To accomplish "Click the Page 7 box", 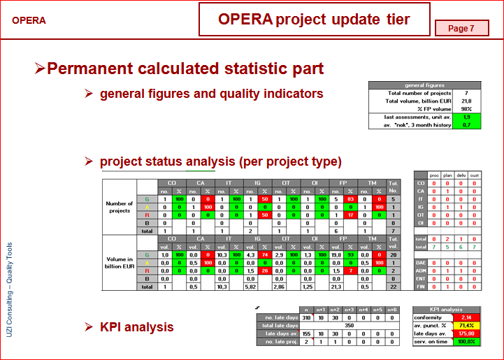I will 461,28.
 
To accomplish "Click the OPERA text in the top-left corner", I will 29,20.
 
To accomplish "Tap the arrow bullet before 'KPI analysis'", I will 89,326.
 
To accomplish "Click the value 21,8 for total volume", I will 466,101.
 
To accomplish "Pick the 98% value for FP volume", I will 466,108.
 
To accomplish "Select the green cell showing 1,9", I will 466,117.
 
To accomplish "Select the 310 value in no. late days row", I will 306,317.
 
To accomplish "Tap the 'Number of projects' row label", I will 120,207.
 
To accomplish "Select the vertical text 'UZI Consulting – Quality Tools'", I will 9,290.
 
